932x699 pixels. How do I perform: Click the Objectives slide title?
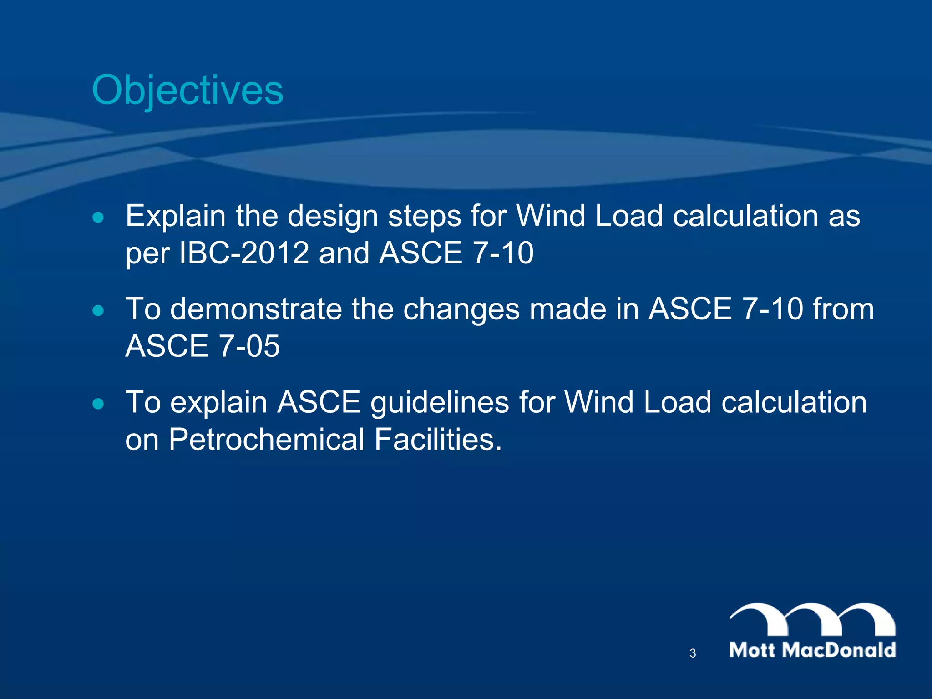pyautogui.click(x=187, y=90)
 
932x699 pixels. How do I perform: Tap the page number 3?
pyautogui.click(x=693, y=653)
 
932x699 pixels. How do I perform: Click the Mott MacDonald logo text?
pyautogui.click(x=812, y=650)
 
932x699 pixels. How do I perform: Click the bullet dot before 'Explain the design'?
pyautogui.click(x=98, y=218)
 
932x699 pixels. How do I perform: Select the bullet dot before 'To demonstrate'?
pyautogui.click(x=98, y=311)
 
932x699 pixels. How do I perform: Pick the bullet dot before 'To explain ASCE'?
pyautogui.click(x=98, y=404)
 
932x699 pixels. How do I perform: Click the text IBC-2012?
pyautogui.click(x=244, y=253)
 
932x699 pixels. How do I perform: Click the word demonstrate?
pyautogui.click(x=256, y=309)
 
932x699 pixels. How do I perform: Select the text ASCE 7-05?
pyautogui.click(x=203, y=346)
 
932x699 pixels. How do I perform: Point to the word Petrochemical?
pyautogui.click(x=267, y=440)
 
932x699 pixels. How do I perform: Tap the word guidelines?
pyautogui.click(x=440, y=403)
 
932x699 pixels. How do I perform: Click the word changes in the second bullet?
pyautogui.click(x=461, y=310)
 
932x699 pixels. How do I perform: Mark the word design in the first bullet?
pyautogui.click(x=333, y=217)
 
